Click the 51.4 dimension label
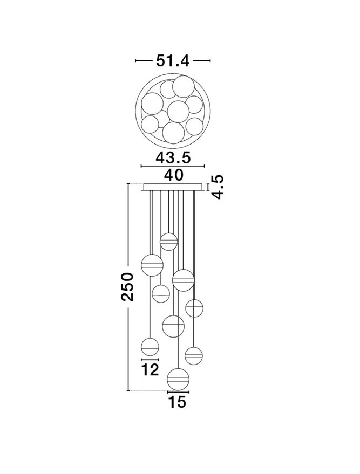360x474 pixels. (172, 61)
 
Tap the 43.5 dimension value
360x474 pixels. (173, 158)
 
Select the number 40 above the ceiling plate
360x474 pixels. (173, 175)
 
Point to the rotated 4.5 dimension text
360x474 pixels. (218, 187)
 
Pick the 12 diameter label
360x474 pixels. (151, 369)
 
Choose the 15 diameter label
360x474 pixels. (177, 402)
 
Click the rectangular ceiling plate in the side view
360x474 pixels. (173, 187)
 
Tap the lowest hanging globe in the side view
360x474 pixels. (178, 379)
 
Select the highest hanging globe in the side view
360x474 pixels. (168, 242)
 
